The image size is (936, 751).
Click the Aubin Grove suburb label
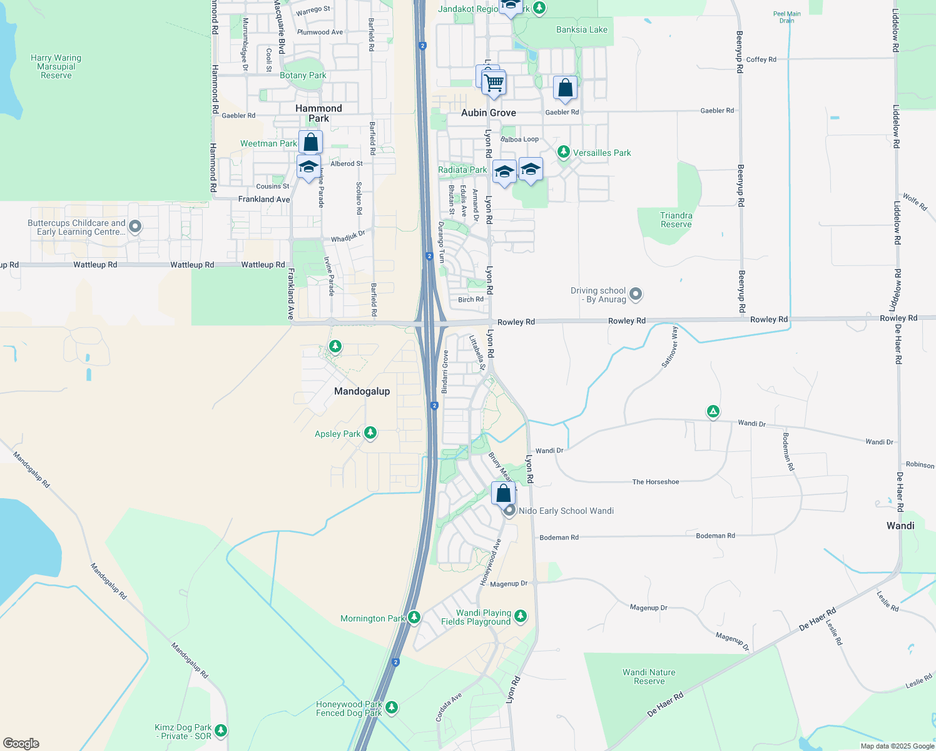pyautogui.click(x=489, y=113)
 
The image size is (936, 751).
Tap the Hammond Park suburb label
pyautogui.click(x=318, y=113)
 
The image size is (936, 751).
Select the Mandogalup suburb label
pyautogui.click(x=362, y=391)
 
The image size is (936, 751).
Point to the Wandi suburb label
pyautogui.click(x=900, y=526)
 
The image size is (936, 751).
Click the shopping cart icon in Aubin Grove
pyautogui.click(x=494, y=83)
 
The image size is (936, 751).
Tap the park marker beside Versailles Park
pyautogui.click(x=564, y=152)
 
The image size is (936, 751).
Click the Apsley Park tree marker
pyautogui.click(x=370, y=432)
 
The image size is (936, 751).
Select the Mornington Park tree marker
pyautogui.click(x=414, y=617)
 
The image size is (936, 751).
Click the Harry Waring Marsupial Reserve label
pyautogui.click(x=56, y=66)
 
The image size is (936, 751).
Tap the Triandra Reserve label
pyautogui.click(x=676, y=220)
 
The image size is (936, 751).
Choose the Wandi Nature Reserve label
pyautogui.click(x=649, y=677)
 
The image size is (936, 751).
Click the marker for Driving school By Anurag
pyautogui.click(x=636, y=294)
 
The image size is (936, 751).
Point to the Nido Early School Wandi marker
pyautogui.click(x=510, y=511)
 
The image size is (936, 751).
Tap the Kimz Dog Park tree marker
pyautogui.click(x=220, y=730)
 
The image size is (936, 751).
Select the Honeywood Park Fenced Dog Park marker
pyautogui.click(x=392, y=707)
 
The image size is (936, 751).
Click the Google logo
pyautogui.click(x=21, y=743)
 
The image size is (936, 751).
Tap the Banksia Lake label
pyautogui.click(x=582, y=29)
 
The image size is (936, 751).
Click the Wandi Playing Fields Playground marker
pyautogui.click(x=520, y=616)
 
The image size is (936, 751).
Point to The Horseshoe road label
pyautogui.click(x=656, y=482)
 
